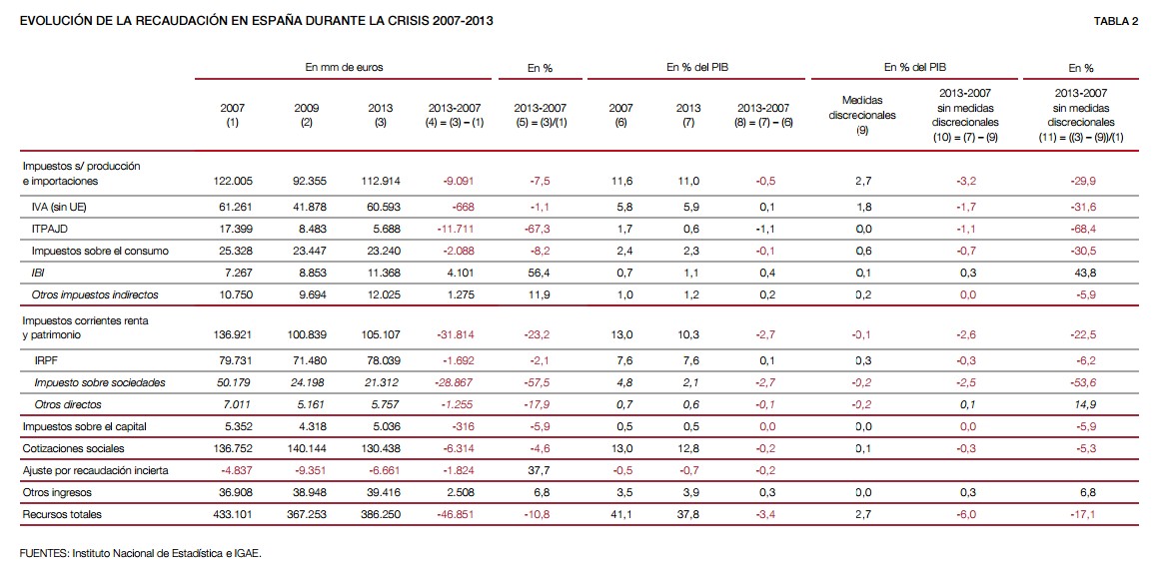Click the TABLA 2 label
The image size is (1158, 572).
pos(1116,21)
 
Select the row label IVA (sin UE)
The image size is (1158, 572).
pos(59,207)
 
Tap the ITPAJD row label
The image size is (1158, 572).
pos(50,229)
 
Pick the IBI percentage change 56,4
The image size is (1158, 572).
pos(541,273)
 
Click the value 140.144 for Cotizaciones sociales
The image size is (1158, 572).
pos(307,448)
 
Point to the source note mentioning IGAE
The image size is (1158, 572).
pos(140,552)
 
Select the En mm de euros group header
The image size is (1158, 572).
pos(344,68)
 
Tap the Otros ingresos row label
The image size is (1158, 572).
pos(57,492)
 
